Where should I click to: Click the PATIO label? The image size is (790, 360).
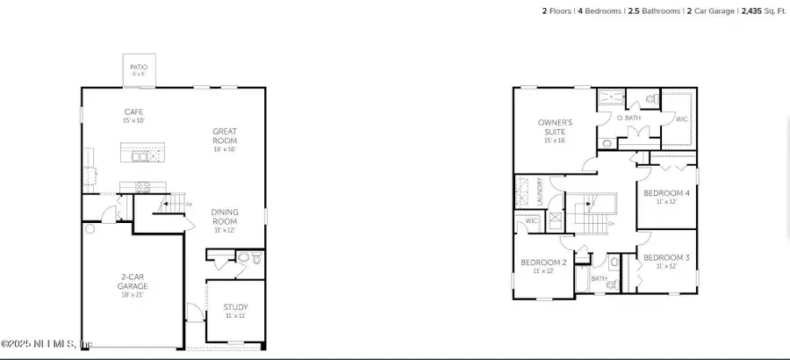[x=139, y=68]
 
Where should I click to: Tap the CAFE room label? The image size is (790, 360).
[x=133, y=112]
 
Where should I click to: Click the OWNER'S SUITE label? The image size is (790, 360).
[x=556, y=127]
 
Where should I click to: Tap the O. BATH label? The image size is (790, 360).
[x=627, y=118]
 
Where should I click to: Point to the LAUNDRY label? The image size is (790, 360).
[x=539, y=200]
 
